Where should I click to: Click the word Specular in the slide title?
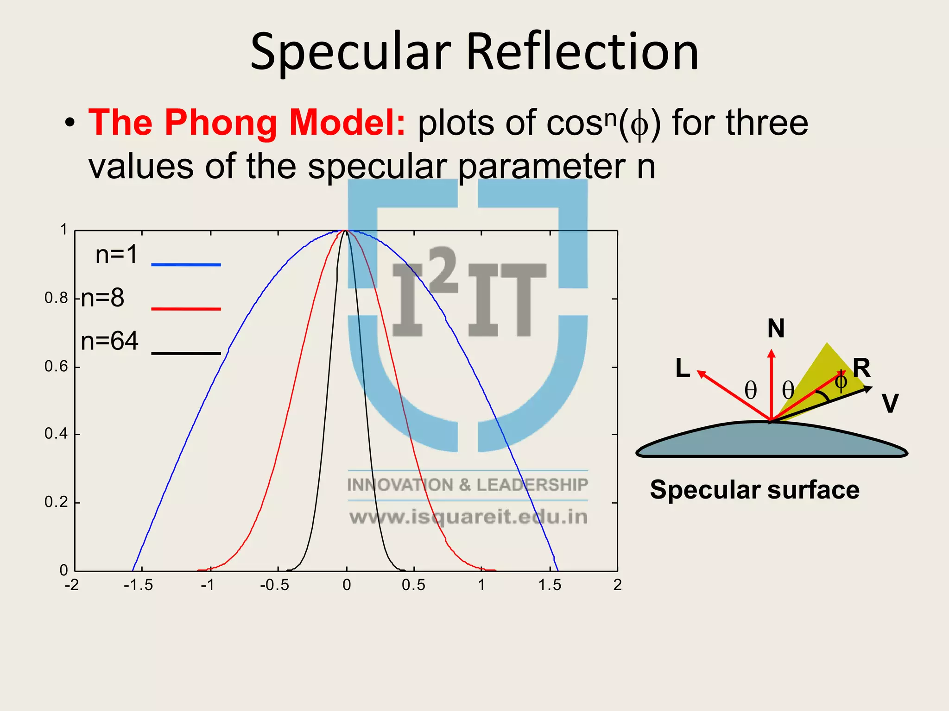(x=350, y=52)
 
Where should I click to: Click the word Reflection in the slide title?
(x=582, y=52)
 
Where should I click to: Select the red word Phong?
(x=221, y=123)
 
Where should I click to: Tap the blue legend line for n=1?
(x=186, y=265)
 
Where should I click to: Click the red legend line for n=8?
(x=186, y=309)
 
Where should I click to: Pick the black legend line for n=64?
(x=186, y=354)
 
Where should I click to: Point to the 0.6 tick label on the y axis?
(x=56, y=367)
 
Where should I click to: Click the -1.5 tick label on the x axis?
(x=138, y=585)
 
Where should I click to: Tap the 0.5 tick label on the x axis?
(x=413, y=585)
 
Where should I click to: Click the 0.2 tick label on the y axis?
(x=56, y=502)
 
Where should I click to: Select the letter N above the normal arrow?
(x=776, y=329)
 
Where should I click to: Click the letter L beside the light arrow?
(x=683, y=369)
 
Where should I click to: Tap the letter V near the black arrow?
(x=890, y=403)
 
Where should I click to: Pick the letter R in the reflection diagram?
(x=861, y=368)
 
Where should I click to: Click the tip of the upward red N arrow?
(x=771, y=351)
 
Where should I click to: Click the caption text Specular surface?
(x=754, y=490)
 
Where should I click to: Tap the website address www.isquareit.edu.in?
(x=468, y=517)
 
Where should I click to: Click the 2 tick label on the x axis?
(x=617, y=585)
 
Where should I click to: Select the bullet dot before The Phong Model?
(x=70, y=124)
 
